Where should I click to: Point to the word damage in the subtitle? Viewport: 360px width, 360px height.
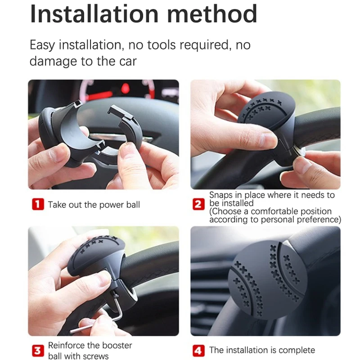pos(54,61)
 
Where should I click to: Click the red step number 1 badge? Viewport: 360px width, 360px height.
pos(37,205)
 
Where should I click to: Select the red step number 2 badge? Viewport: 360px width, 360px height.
pos(198,205)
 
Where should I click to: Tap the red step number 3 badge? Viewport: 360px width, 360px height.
pos(37,351)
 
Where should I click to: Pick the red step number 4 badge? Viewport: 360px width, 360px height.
pos(198,351)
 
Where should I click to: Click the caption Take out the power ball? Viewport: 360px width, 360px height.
pos(94,205)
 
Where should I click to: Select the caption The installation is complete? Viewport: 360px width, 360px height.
pos(262,350)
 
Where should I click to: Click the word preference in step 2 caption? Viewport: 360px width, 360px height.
pos(319,220)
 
